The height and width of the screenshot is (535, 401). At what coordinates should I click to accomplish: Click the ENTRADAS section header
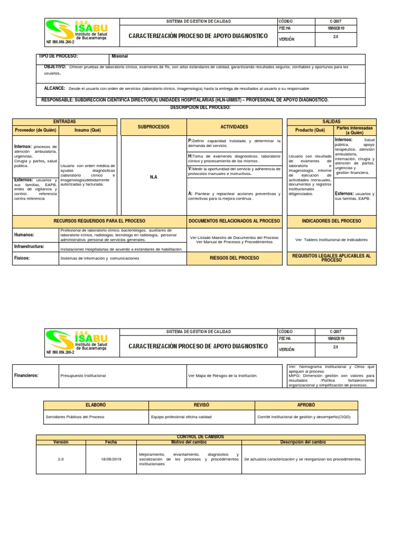click(65, 121)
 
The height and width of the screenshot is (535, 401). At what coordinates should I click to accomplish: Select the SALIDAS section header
click(331, 121)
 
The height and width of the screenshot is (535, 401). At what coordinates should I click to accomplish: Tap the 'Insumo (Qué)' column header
click(89, 130)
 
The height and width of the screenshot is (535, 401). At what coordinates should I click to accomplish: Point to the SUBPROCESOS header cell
click(153, 127)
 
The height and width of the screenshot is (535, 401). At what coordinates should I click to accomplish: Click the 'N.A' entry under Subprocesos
click(153, 177)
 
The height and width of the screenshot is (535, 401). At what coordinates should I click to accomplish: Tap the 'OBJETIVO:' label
click(55, 67)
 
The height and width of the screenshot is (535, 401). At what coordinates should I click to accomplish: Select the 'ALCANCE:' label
click(54, 88)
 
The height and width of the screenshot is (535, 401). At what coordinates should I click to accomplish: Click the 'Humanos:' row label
click(24, 235)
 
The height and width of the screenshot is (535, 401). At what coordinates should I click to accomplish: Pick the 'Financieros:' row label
click(26, 375)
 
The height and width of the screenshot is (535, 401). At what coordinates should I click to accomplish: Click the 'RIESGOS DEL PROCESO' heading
click(234, 258)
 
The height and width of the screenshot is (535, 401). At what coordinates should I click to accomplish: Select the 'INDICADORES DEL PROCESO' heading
click(331, 221)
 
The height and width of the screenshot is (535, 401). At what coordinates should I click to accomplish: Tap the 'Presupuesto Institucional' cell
click(84, 375)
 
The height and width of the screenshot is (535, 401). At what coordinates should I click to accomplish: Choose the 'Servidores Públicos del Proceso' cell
click(75, 417)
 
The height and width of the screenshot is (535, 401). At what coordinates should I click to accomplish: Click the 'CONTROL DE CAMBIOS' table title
click(200, 437)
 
